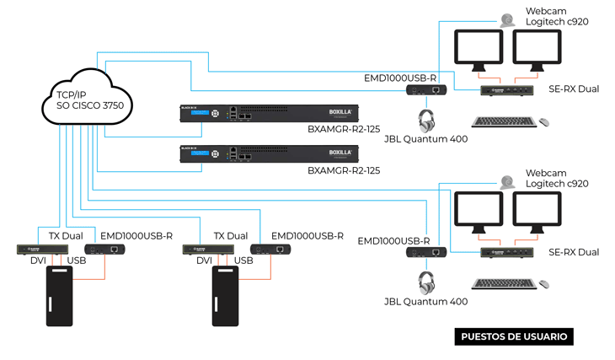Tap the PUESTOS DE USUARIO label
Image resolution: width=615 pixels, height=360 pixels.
(514, 336)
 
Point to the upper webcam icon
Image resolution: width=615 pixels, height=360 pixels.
(507, 20)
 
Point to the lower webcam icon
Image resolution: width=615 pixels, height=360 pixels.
(507, 181)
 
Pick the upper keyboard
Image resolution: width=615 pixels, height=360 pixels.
(504, 122)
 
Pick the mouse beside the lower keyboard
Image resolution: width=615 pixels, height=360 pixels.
(544, 285)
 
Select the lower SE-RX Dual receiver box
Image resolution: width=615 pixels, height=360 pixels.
(510, 251)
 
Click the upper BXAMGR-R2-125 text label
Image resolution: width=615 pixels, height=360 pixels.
(344, 130)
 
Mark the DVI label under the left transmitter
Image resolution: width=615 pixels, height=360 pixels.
(39, 261)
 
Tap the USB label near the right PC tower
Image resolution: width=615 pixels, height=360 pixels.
(243, 261)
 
